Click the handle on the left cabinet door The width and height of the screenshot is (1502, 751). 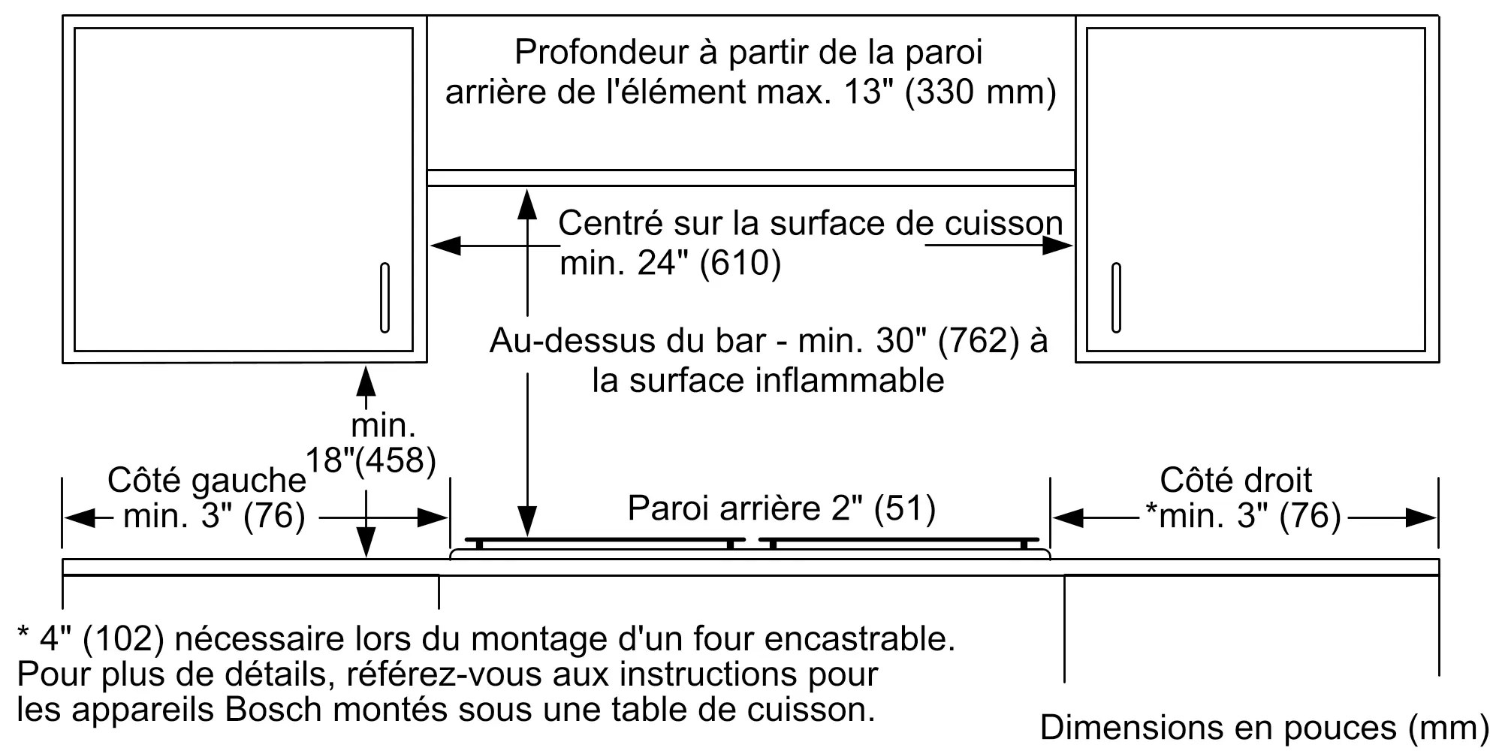[385, 297]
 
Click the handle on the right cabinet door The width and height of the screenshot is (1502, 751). [1116, 297]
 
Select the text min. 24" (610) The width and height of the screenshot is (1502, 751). [671, 263]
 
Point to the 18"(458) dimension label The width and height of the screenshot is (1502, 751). [371, 459]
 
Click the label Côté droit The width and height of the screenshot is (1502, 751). [1235, 480]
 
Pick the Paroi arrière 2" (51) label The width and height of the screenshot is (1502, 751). [781, 508]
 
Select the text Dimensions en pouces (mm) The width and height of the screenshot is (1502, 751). [1264, 727]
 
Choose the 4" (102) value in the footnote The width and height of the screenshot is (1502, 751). [101, 639]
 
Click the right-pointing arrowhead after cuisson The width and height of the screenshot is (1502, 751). [1059, 246]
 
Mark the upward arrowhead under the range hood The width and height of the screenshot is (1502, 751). [528, 204]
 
